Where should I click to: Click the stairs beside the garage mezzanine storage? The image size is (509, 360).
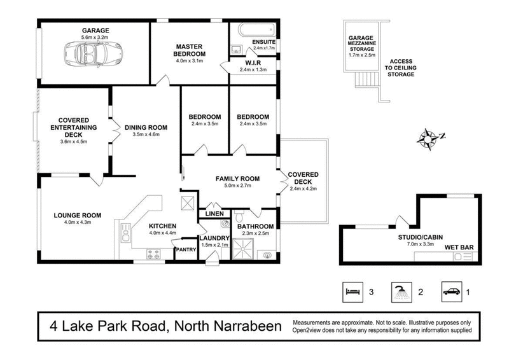365,79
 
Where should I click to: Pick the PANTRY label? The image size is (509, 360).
185,249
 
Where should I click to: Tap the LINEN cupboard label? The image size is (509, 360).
214,214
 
